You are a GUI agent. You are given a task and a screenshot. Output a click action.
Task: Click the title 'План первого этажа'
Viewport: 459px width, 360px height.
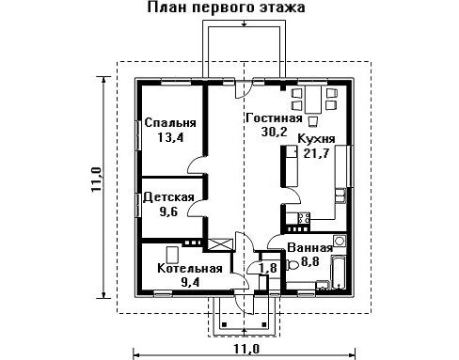[x=226, y=8]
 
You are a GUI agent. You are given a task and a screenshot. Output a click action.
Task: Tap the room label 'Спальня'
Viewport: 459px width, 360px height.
[x=170, y=122]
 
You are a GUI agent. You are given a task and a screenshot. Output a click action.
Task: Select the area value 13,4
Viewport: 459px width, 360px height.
[x=170, y=137]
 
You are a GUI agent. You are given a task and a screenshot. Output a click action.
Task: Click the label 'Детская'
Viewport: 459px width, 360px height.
[x=168, y=197]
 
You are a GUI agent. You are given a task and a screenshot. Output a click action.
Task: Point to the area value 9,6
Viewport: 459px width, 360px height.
[x=168, y=211]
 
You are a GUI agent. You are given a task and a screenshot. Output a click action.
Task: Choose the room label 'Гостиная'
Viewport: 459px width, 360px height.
[x=274, y=117]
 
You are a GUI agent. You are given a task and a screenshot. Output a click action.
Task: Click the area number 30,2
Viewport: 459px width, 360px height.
[x=274, y=132]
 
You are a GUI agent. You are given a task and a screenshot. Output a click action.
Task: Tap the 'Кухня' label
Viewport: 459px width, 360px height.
[x=316, y=138]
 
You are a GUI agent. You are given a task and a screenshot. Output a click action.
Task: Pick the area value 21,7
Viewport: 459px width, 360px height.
[x=316, y=153]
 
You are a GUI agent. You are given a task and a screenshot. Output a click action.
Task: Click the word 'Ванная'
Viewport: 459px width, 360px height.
[x=309, y=248]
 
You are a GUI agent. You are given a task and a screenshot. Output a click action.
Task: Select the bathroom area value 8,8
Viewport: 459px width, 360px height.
[x=309, y=261]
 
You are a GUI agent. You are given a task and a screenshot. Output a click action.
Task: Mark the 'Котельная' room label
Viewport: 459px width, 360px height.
[x=190, y=268]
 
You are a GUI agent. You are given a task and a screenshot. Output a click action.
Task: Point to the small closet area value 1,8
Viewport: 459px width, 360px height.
[x=268, y=268]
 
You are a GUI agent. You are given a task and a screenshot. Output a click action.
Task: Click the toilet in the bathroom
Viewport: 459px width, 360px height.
[x=293, y=265]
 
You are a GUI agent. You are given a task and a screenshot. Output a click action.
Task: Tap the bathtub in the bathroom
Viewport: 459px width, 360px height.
[x=339, y=272]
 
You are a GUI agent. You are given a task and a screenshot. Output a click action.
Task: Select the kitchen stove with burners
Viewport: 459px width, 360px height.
[x=304, y=218]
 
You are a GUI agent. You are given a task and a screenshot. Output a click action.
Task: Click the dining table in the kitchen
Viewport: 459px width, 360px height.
[x=313, y=100]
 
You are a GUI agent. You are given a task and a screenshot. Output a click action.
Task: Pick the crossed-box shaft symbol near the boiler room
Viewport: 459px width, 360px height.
[x=220, y=244]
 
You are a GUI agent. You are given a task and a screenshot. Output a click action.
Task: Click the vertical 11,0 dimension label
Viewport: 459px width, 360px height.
[x=97, y=180]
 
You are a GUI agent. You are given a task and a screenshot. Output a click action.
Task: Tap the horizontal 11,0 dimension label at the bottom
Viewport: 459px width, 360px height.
[x=246, y=349]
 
